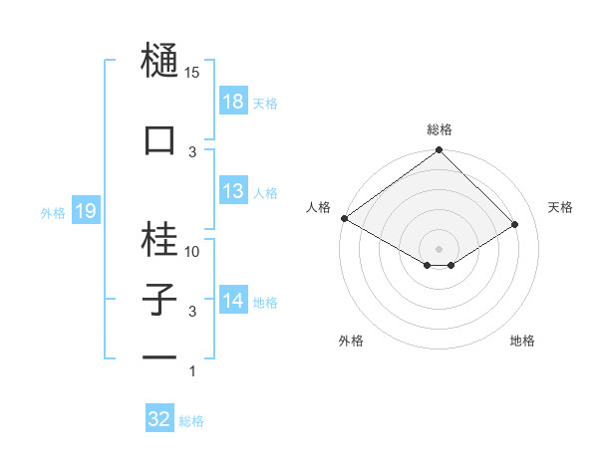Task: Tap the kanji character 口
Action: pyautogui.click(x=160, y=140)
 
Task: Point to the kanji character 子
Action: pyautogui.click(x=160, y=300)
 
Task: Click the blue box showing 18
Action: pyautogui.click(x=233, y=101)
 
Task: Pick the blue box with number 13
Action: pyautogui.click(x=233, y=191)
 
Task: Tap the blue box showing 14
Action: pyautogui.click(x=233, y=301)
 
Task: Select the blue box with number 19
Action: pyautogui.click(x=85, y=211)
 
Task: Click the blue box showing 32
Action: pyautogui.click(x=159, y=419)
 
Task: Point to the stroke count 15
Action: pyautogui.click(x=193, y=73)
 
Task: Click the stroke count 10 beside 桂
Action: pyautogui.click(x=193, y=252)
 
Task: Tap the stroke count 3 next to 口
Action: pyautogui.click(x=193, y=151)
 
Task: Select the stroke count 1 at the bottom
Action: pyautogui.click(x=193, y=371)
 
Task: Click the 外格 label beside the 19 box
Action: pyautogui.click(x=53, y=212)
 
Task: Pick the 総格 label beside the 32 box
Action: pyautogui.click(x=191, y=421)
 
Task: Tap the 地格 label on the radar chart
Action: pyautogui.click(x=522, y=341)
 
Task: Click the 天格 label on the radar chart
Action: pyautogui.click(x=560, y=207)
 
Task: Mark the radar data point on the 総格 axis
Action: pyautogui.click(x=439, y=151)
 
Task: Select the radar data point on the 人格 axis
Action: pyautogui.click(x=344, y=218)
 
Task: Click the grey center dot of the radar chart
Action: pyautogui.click(x=439, y=248)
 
